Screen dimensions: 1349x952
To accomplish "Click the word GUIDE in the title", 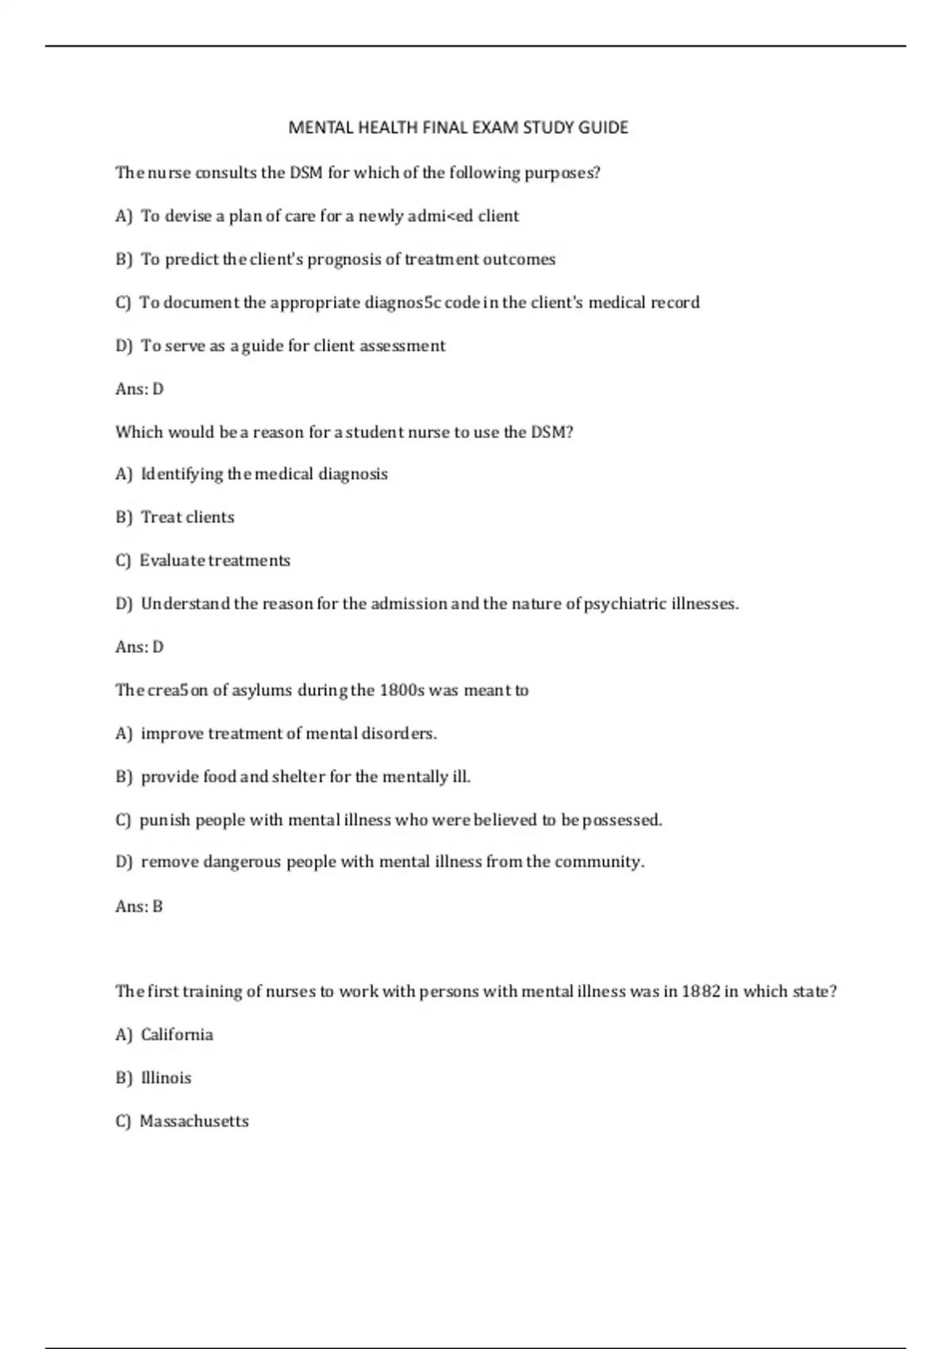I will (x=603, y=128).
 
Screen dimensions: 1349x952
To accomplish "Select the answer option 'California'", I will (x=177, y=1035).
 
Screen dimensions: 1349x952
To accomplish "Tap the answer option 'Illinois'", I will (x=166, y=1078).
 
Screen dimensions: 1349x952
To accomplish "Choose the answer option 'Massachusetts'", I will (x=194, y=1121).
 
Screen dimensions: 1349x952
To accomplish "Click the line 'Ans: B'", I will (x=139, y=906).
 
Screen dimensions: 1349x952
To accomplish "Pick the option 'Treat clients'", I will (x=187, y=517).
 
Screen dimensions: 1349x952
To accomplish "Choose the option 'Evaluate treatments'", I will (x=215, y=560).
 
